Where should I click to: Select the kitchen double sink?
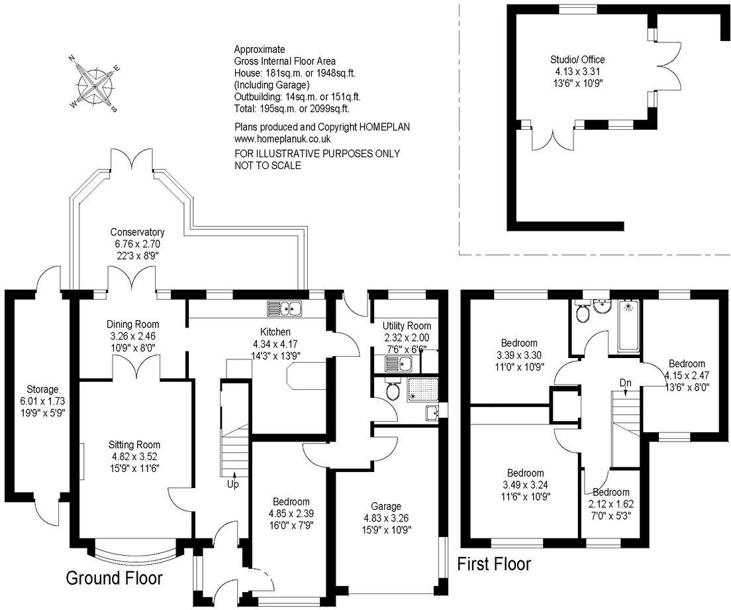coord(285,308)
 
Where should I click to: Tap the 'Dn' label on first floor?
coord(625,383)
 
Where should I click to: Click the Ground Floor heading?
coord(114,578)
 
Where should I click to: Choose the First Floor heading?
coord(495,564)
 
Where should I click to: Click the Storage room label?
coord(42,389)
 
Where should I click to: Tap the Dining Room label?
coord(133,324)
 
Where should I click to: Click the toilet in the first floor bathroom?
coord(582,313)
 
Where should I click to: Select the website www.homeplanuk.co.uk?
coord(283,139)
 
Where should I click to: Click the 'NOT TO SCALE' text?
coord(268,166)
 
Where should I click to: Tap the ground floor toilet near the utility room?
coord(393,391)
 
